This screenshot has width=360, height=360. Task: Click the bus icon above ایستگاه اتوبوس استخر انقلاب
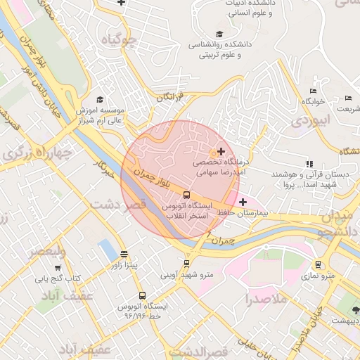(186, 195)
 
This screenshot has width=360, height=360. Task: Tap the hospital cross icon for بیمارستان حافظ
(243, 202)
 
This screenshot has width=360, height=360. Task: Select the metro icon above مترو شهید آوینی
(186, 264)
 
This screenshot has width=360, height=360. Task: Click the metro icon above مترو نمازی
(319, 264)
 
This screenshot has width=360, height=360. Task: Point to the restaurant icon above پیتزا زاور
(124, 255)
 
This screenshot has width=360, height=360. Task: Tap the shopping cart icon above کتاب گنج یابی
(57, 268)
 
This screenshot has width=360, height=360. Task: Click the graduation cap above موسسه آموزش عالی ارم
(100, 100)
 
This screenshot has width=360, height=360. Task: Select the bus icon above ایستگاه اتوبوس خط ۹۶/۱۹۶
(143, 296)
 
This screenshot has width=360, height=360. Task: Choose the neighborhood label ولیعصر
(47, 252)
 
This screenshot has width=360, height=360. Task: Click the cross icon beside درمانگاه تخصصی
(221, 151)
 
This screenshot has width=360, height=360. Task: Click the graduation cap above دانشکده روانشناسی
(219, 33)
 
